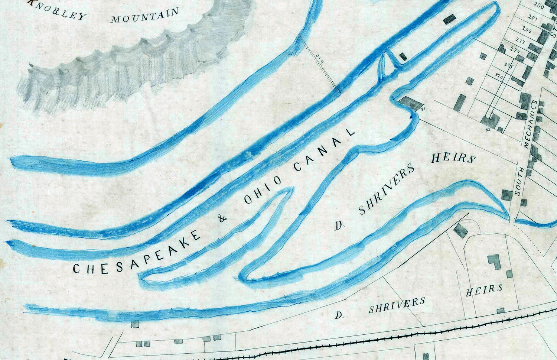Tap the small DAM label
coord(321,60)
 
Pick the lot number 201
coord(532,18)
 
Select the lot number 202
coord(527,29)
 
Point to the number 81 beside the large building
coord(423,109)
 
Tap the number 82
coord(488,130)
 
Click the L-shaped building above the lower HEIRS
coord(494,262)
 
